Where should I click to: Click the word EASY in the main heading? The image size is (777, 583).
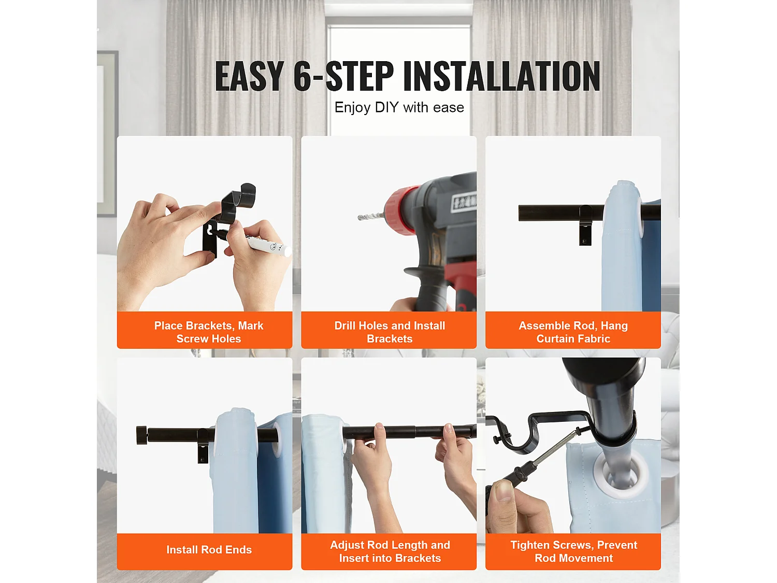[249, 76]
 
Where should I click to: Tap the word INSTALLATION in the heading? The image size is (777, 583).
[501, 76]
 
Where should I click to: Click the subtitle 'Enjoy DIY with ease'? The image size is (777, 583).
[399, 107]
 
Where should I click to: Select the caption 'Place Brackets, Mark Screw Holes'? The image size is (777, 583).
[209, 332]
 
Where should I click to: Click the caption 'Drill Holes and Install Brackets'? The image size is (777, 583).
[390, 332]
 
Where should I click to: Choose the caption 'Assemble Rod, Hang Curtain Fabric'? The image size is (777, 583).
[573, 332]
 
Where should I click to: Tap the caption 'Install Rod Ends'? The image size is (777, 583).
[209, 549]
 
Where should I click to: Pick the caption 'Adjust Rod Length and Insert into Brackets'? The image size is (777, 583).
[390, 551]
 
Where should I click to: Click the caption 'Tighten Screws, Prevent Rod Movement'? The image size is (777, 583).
[573, 551]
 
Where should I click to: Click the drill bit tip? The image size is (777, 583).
[359, 218]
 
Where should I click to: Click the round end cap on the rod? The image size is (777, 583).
[141, 435]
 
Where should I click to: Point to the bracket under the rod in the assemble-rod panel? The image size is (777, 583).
[585, 225]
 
